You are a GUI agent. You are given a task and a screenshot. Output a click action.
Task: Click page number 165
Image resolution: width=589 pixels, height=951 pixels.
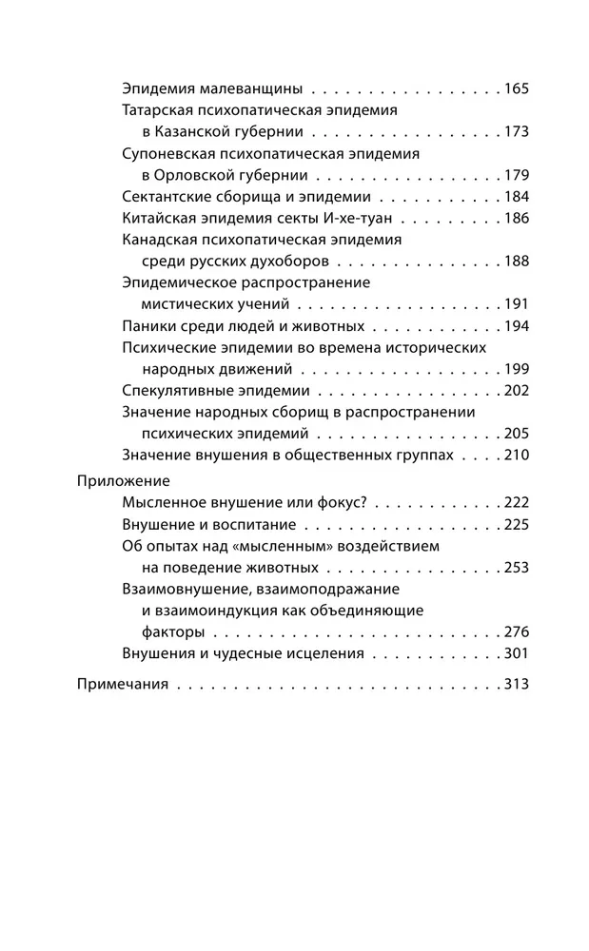click(x=516, y=89)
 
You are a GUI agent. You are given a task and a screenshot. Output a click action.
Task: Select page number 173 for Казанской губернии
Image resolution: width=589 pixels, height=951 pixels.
click(x=516, y=132)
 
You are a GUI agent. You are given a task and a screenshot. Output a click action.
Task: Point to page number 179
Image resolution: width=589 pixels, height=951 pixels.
click(x=516, y=176)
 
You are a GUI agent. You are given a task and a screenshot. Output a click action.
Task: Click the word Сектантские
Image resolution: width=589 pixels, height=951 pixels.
click(x=165, y=198)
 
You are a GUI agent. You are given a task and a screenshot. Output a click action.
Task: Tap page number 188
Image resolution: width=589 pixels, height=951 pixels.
click(x=516, y=262)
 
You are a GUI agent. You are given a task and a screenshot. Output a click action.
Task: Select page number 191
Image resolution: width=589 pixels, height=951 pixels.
click(x=516, y=305)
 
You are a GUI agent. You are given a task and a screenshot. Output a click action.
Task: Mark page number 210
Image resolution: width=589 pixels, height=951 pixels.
click(x=516, y=456)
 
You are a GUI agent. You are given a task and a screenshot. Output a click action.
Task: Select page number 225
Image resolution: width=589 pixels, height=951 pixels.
click(x=516, y=524)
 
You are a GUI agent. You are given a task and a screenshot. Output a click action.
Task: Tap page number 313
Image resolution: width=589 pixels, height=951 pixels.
click(x=516, y=684)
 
